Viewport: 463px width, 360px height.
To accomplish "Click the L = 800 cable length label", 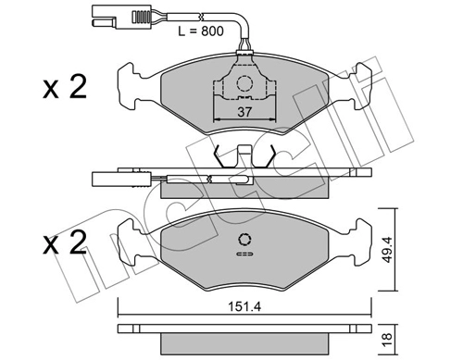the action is (x=201, y=31).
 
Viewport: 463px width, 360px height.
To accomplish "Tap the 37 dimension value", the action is (x=244, y=112).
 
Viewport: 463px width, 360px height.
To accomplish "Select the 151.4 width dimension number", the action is (x=244, y=306).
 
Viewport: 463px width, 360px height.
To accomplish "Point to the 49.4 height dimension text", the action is (x=387, y=250).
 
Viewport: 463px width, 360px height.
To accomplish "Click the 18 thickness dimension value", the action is (x=387, y=340).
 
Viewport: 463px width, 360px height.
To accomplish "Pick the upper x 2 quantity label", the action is (x=65, y=87).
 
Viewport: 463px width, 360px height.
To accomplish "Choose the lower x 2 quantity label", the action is (x=65, y=242).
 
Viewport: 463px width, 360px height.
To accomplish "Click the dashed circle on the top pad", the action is (x=244, y=83).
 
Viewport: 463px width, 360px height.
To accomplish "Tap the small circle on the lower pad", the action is (x=244, y=240).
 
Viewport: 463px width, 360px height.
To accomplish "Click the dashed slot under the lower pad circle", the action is (x=244, y=254).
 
